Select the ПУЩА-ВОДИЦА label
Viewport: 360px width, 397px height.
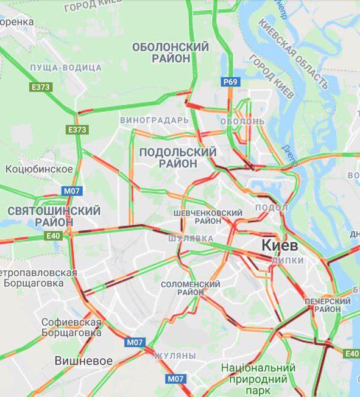coord(65,68)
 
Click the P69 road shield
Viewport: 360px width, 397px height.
coord(230,82)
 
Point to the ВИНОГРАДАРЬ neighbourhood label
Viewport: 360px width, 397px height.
coord(155,120)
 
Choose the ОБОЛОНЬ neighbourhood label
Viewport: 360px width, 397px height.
coord(242,121)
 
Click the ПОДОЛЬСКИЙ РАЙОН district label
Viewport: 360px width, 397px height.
coord(178,158)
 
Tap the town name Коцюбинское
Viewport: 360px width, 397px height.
coord(39,169)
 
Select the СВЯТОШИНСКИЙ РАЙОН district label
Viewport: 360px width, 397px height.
coord(54,216)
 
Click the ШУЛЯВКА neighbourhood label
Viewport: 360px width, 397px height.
coord(191,238)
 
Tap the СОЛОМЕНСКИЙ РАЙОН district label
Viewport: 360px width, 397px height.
coord(191,288)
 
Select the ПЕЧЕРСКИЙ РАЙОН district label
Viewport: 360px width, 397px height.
coord(328,306)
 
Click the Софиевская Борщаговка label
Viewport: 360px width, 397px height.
coord(71,327)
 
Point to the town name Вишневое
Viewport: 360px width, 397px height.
coord(83,360)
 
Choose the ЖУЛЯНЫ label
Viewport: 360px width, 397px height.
coord(174,355)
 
